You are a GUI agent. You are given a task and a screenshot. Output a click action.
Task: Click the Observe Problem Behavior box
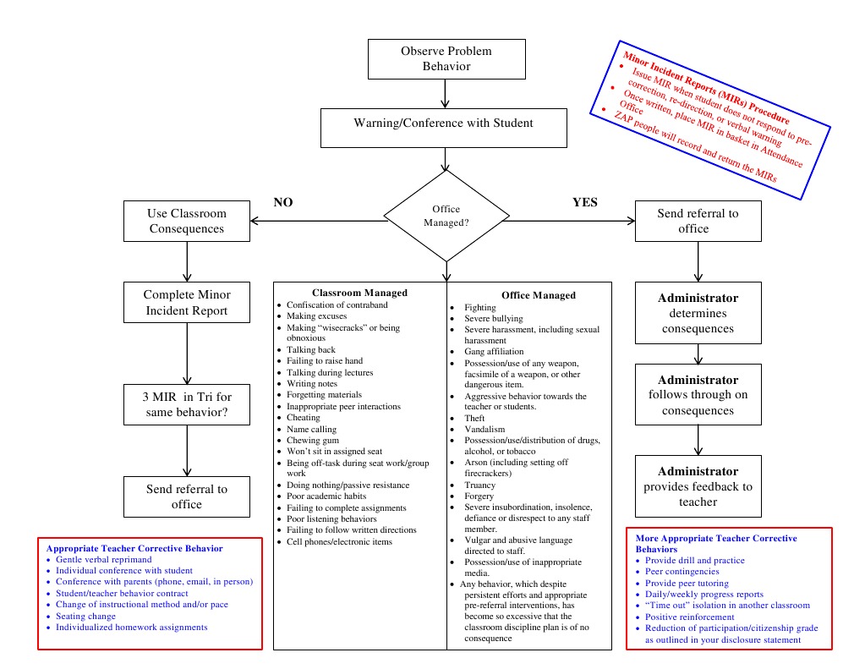click(x=446, y=59)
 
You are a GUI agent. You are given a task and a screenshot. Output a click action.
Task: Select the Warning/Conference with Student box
click(x=443, y=123)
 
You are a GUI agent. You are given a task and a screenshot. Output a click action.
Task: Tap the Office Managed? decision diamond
click(x=446, y=216)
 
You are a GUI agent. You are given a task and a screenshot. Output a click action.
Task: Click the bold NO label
click(x=283, y=202)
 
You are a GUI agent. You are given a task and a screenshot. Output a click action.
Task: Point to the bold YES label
click(x=584, y=202)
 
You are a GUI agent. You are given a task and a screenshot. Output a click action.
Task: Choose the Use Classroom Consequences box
click(x=186, y=221)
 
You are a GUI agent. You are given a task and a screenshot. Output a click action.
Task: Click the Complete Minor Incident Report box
click(x=186, y=303)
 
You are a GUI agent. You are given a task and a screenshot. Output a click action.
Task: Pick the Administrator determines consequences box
click(x=698, y=313)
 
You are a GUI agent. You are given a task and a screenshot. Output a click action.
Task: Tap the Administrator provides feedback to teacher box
click(x=698, y=486)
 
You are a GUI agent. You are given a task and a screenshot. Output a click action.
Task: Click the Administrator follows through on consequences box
click(x=698, y=395)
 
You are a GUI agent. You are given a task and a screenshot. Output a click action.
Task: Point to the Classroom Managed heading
click(x=359, y=293)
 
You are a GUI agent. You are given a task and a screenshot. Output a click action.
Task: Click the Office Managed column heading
click(x=538, y=295)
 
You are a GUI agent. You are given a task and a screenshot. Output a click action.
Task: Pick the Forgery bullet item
click(x=479, y=496)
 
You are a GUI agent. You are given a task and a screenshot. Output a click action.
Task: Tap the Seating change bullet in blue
click(x=86, y=616)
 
